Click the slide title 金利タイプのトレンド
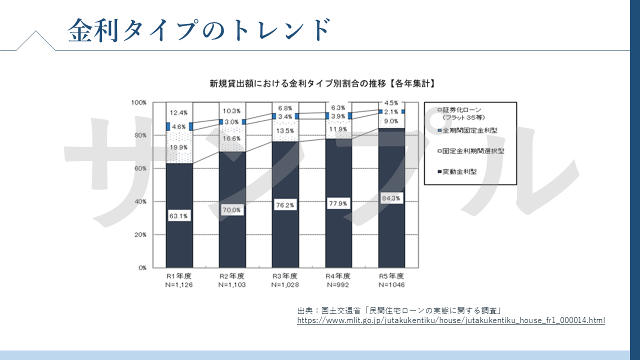pyautogui.click(x=199, y=29)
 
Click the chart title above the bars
pyautogui.click(x=322, y=83)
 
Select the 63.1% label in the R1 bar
pyautogui.click(x=179, y=216)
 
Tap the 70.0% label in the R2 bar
pyautogui.click(x=232, y=210)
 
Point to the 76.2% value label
pyautogui.click(x=285, y=205)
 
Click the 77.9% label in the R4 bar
pyautogui.click(x=338, y=203)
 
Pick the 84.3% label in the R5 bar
pyautogui.click(x=391, y=198)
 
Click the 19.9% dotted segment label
pyautogui.click(x=179, y=147)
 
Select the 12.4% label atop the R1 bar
pyautogui.click(x=179, y=112)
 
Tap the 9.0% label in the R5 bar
pyautogui.click(x=391, y=121)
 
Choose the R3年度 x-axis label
pyautogui.click(x=285, y=276)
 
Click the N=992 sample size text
pyautogui.click(x=338, y=285)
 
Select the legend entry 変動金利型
pyautogui.click(x=459, y=171)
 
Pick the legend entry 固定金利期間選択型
pyautogui.click(x=472, y=150)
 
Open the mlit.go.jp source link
pyautogui.click(x=450, y=320)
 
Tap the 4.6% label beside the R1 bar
pyautogui.click(x=179, y=127)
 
